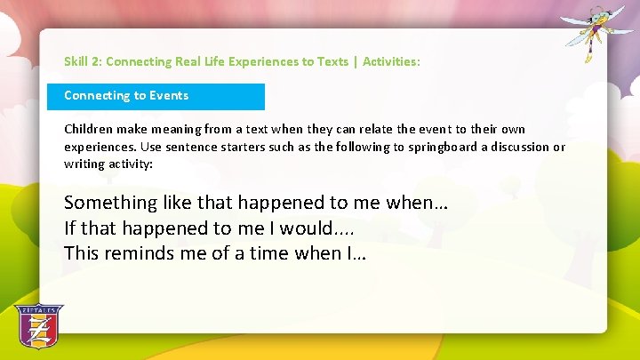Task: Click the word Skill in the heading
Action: click(x=76, y=62)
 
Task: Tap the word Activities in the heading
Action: click(x=389, y=62)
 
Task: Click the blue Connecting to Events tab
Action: click(x=156, y=96)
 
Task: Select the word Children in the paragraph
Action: click(x=87, y=130)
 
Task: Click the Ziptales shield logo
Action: click(x=38, y=326)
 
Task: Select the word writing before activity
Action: click(x=84, y=164)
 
